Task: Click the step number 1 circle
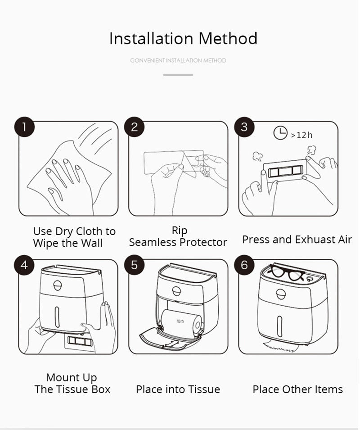(24, 127)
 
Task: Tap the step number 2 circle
(134, 127)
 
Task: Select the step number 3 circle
(244, 127)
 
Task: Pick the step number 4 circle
(24, 265)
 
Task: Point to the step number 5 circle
(134, 265)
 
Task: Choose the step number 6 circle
(244, 265)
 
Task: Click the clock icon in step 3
(280, 133)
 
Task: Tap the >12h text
(301, 135)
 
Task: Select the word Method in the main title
(228, 38)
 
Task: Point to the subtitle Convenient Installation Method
(178, 60)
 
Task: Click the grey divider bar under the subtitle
(178, 75)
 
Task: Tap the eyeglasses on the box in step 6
(286, 272)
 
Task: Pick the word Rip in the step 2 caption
(180, 231)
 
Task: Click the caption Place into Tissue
(178, 389)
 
